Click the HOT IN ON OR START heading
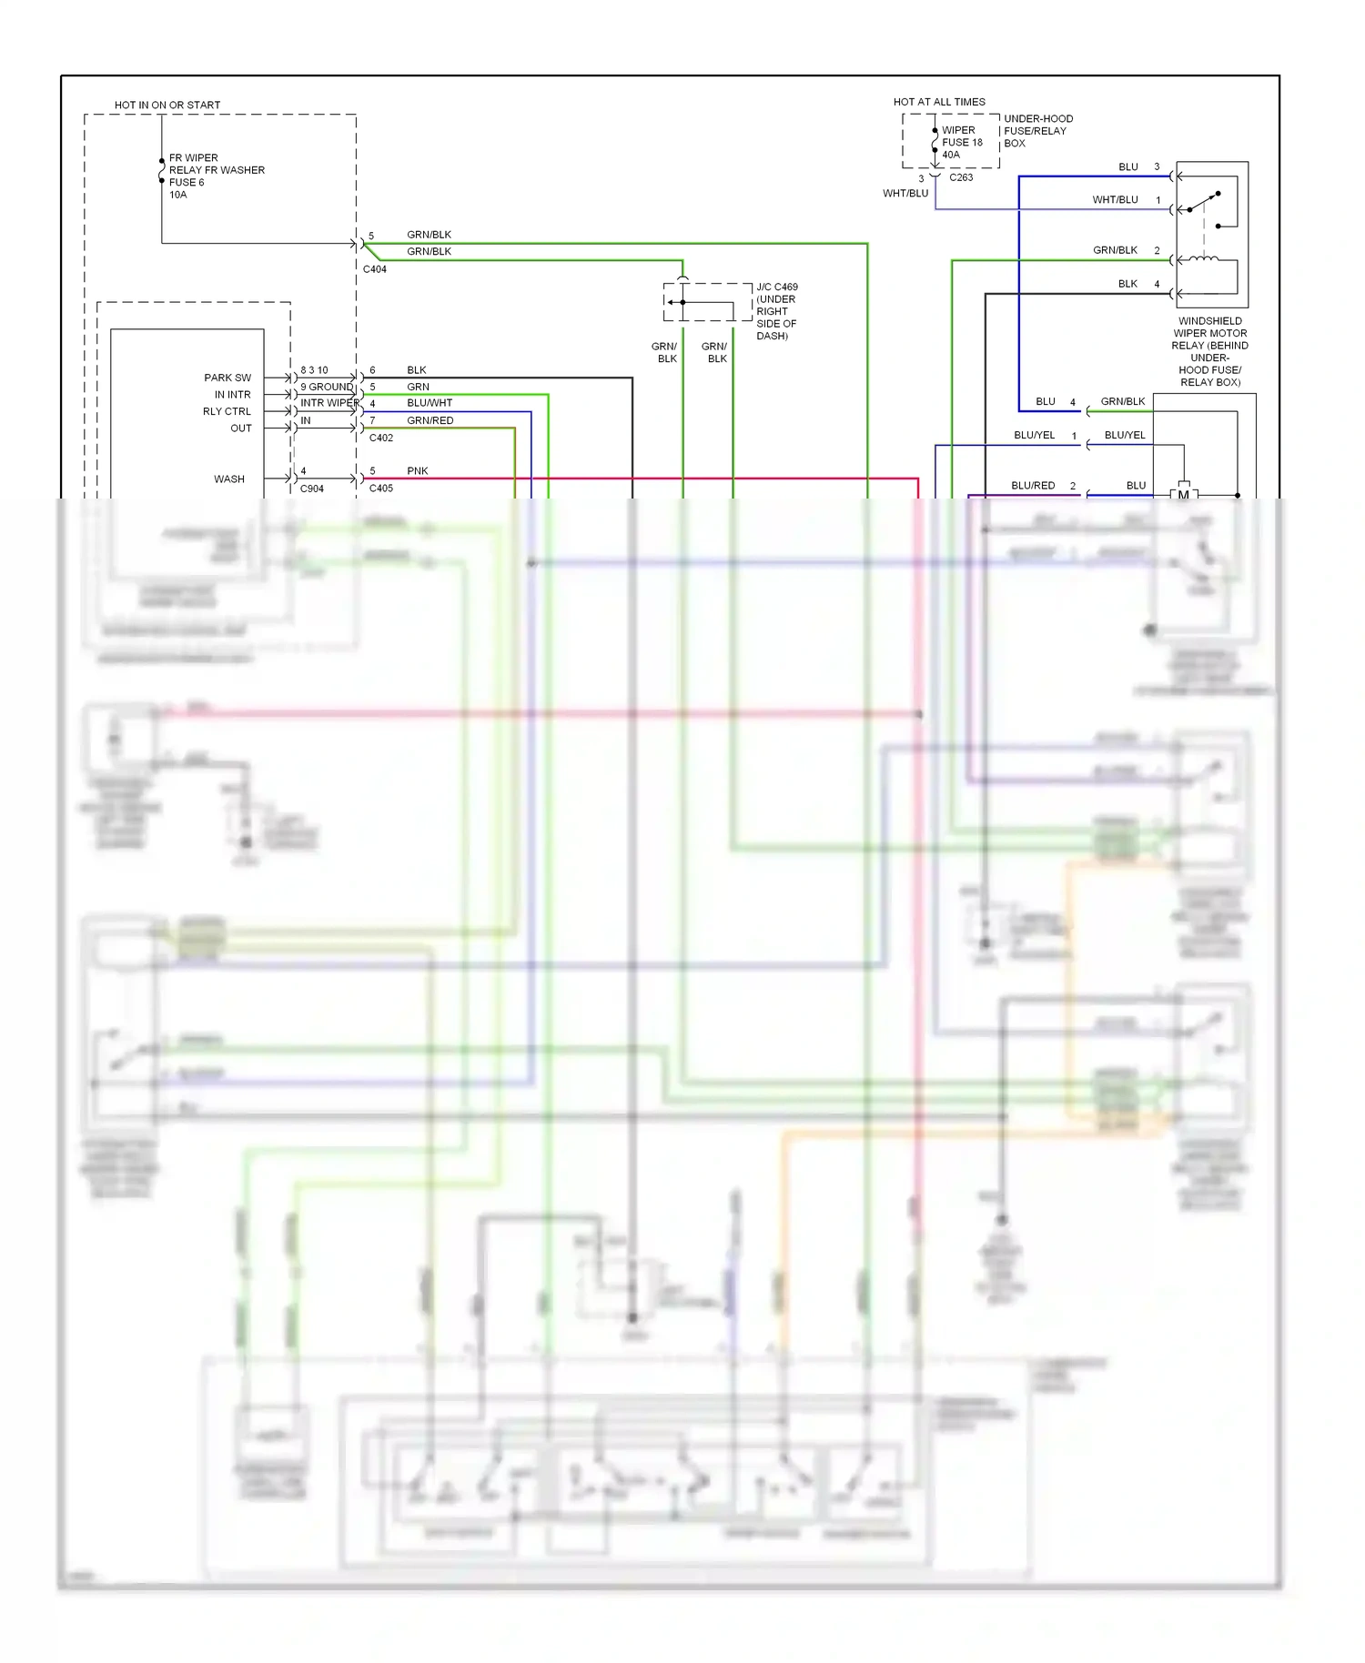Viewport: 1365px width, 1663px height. point(167,105)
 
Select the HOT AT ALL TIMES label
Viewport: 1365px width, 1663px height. point(938,102)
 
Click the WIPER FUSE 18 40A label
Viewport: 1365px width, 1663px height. point(961,142)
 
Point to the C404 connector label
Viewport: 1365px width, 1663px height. point(374,269)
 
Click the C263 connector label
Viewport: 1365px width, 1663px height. point(961,177)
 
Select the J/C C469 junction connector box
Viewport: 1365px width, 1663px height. point(708,302)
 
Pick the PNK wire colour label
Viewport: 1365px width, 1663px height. point(417,470)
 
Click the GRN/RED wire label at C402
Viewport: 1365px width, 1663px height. point(430,420)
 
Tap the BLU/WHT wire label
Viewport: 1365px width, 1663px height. point(429,403)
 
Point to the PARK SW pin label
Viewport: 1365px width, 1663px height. point(227,378)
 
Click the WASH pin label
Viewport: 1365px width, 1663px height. point(228,479)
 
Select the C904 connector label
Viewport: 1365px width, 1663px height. point(311,489)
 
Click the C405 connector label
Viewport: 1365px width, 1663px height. point(380,489)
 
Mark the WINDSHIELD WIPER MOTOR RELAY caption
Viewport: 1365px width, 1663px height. point(1209,351)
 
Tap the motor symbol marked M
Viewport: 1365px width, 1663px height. point(1183,494)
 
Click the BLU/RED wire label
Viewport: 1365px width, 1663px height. point(1032,485)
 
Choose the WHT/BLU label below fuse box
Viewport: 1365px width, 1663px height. point(905,193)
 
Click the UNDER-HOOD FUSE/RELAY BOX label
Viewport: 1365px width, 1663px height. point(1037,131)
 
